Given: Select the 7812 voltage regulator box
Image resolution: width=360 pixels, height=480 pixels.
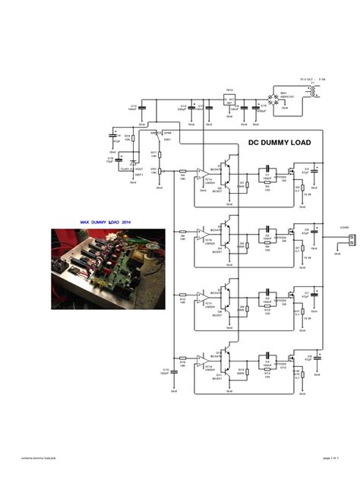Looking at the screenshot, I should coord(228,99).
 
